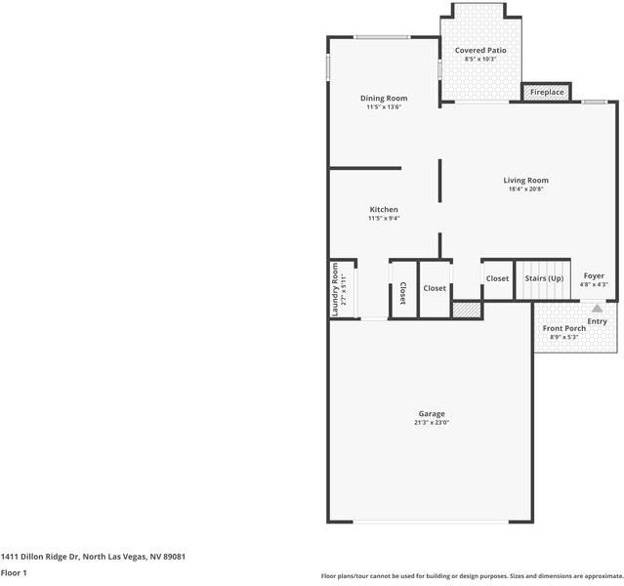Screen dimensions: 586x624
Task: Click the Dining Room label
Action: (x=384, y=98)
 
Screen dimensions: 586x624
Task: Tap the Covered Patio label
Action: (x=480, y=50)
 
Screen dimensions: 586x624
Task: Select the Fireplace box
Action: (x=547, y=92)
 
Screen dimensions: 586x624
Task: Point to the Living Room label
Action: (x=525, y=180)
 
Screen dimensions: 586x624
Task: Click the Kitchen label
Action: (x=383, y=210)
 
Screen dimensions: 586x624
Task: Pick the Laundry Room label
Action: (x=335, y=289)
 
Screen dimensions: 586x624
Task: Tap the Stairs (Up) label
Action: (x=544, y=278)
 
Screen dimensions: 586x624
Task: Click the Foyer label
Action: (x=594, y=275)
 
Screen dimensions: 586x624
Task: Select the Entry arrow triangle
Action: (x=597, y=308)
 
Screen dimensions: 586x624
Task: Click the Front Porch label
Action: (x=564, y=328)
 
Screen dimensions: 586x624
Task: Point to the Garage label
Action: (x=432, y=413)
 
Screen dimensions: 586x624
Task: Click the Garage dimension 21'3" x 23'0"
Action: (x=432, y=423)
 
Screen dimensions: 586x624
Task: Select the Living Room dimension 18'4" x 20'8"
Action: (x=525, y=189)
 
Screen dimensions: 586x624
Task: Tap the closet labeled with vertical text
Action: (x=402, y=293)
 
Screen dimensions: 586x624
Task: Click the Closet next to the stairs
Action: (x=497, y=278)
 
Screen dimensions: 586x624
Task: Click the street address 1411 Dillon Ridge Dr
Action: (x=93, y=556)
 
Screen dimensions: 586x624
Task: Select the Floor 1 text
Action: (x=14, y=572)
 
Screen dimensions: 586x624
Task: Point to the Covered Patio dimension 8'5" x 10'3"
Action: (x=480, y=60)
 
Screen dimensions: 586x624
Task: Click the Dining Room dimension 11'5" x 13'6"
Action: (x=384, y=106)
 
